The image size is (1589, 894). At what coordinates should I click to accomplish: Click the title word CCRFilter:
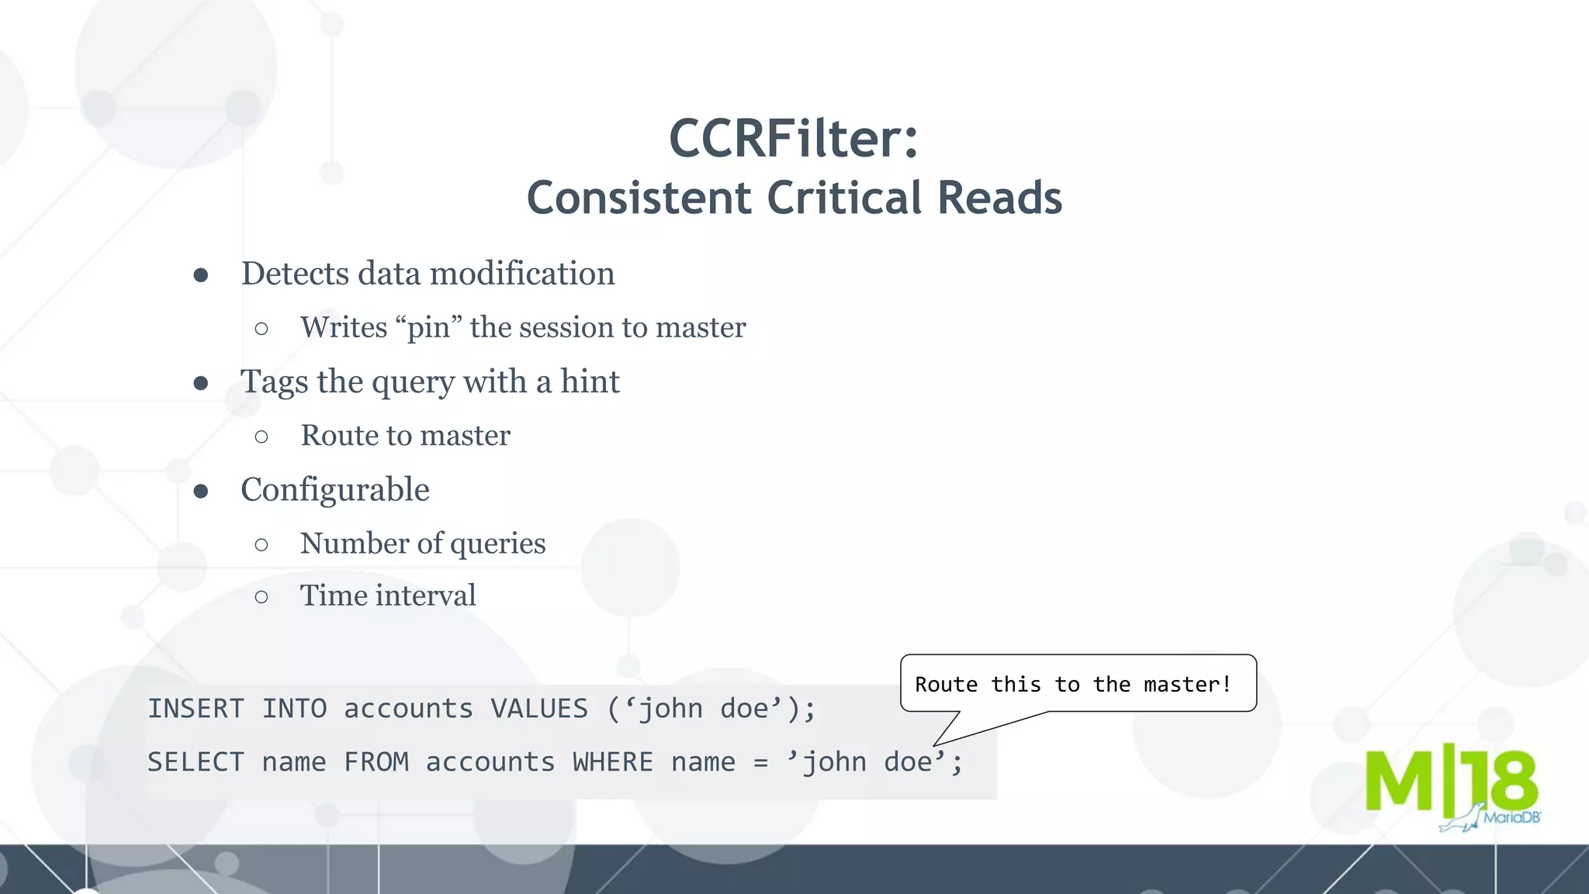794,139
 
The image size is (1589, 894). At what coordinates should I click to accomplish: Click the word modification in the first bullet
522,274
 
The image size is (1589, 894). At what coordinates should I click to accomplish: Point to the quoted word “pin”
429,328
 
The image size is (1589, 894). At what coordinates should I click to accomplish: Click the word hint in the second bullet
590,381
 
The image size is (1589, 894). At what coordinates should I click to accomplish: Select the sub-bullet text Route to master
405,436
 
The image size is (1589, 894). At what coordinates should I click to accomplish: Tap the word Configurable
334,490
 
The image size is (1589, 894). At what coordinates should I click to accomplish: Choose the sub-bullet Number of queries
423,544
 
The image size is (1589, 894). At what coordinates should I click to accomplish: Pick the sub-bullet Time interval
388,595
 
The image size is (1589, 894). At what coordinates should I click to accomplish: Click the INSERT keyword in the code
196,709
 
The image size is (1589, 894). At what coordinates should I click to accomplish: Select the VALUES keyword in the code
539,709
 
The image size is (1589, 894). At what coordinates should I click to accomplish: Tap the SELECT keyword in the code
196,762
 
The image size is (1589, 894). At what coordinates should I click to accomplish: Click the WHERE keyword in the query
612,762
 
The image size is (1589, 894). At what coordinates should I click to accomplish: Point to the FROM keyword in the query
376,762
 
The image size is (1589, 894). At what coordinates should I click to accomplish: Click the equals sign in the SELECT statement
760,763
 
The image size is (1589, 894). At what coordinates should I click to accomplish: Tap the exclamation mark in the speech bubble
1227,685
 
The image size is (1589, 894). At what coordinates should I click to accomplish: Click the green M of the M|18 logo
1398,781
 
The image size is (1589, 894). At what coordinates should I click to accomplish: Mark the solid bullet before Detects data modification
201,275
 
